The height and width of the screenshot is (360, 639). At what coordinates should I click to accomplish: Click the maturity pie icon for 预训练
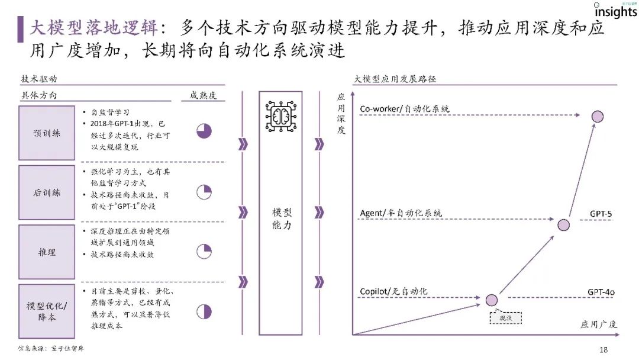[204, 131]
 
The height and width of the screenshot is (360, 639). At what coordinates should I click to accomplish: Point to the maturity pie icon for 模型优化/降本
[204, 311]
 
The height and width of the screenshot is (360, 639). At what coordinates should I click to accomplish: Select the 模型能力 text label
[282, 218]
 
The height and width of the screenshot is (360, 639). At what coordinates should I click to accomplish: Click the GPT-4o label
[601, 292]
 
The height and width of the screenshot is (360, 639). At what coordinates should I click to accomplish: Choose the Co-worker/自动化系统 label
[405, 109]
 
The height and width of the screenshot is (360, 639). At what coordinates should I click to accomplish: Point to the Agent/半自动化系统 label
[401, 213]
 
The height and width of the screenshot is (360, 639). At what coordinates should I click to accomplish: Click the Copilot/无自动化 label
[393, 291]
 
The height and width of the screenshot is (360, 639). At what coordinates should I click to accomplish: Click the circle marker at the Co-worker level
[598, 116]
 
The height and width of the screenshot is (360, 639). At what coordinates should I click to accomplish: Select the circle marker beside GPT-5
[563, 224]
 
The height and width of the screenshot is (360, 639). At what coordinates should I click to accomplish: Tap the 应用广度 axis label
[599, 324]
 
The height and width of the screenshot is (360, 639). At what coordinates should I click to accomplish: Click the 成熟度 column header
[204, 95]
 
